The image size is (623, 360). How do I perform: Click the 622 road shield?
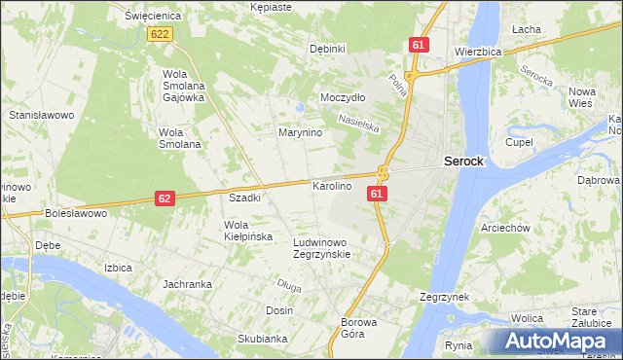point(161,34)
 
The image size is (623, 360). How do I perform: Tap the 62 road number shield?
point(165,198)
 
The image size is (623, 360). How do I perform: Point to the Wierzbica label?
point(477,51)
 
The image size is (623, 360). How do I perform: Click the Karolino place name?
point(331,185)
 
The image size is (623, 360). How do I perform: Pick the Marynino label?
point(300,132)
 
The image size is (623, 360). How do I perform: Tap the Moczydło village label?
point(343,98)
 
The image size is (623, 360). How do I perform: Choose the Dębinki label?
point(327,49)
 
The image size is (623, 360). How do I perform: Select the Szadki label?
point(244,198)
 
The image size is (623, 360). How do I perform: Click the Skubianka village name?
point(262,339)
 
